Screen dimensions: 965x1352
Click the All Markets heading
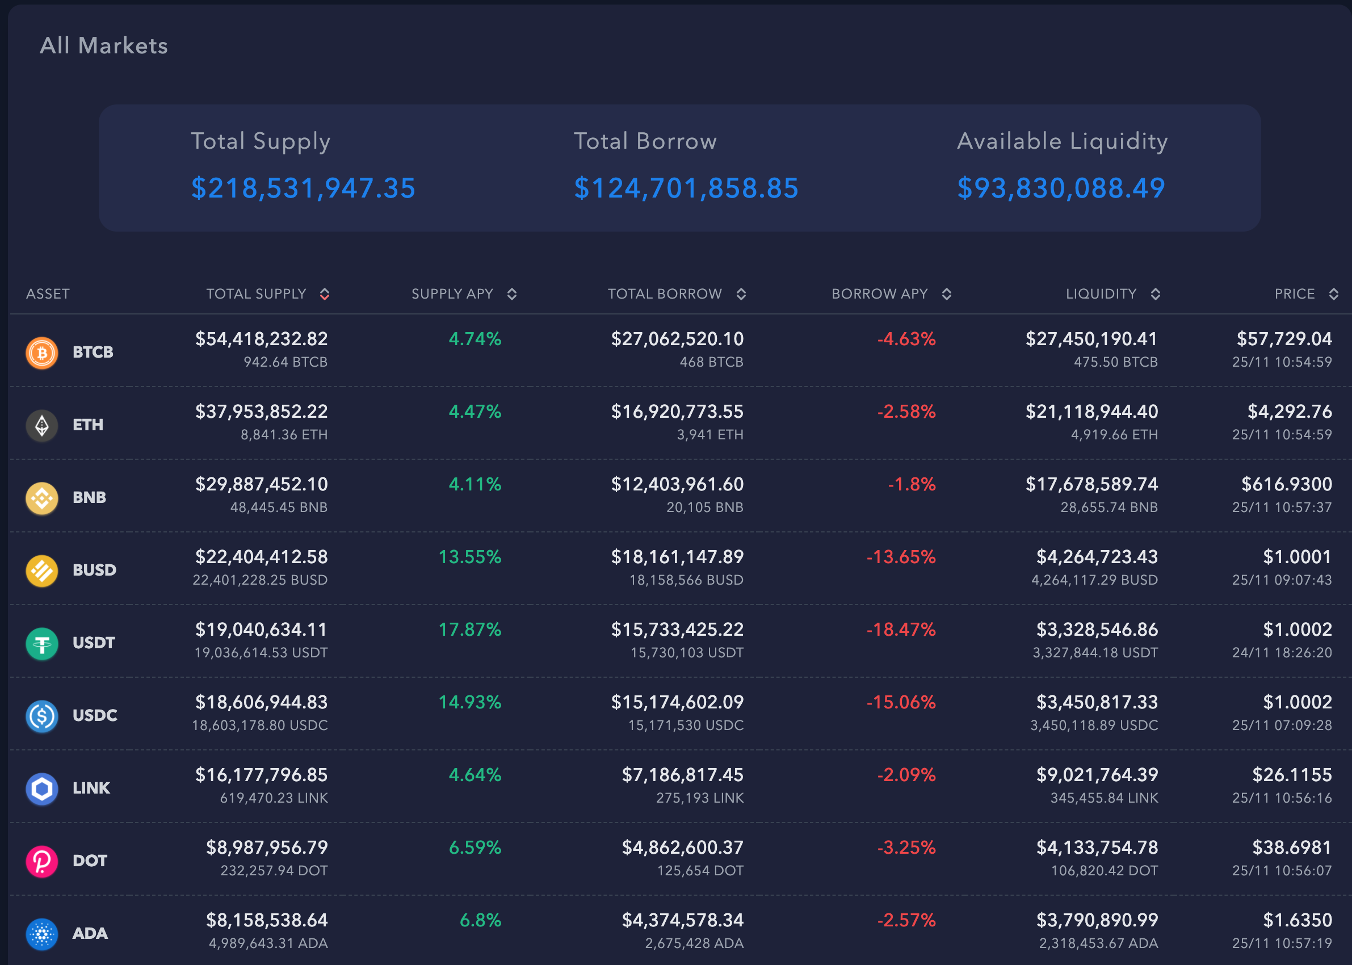click(x=104, y=46)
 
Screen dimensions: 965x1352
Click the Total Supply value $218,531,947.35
click(x=303, y=188)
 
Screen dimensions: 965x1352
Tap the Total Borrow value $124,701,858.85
click(x=686, y=188)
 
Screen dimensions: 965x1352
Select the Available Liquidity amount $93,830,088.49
click(x=1061, y=188)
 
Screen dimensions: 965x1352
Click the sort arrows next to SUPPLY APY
click(x=512, y=294)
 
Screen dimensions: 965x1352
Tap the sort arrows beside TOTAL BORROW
click(x=741, y=294)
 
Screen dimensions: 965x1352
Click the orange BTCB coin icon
click(x=42, y=353)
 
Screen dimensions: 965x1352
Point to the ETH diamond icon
click(x=42, y=426)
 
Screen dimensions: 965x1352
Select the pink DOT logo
click(x=42, y=861)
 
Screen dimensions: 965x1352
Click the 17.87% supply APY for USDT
click(x=469, y=630)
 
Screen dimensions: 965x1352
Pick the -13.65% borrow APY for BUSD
click(x=901, y=557)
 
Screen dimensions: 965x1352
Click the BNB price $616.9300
click(x=1286, y=484)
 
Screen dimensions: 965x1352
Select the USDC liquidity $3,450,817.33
click(x=1097, y=702)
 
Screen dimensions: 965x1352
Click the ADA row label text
click(x=90, y=934)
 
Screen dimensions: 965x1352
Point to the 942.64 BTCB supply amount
click(x=285, y=362)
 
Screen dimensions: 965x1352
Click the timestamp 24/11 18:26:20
click(x=1281, y=652)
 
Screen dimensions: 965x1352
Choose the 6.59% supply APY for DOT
click(x=475, y=847)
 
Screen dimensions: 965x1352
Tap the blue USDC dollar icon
click(x=42, y=716)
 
